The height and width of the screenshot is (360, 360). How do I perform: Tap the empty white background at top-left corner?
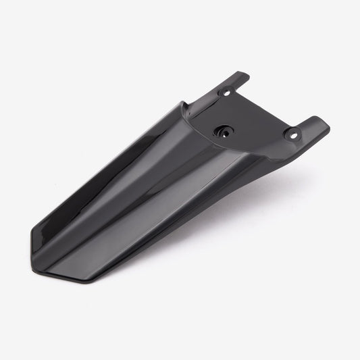27,27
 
